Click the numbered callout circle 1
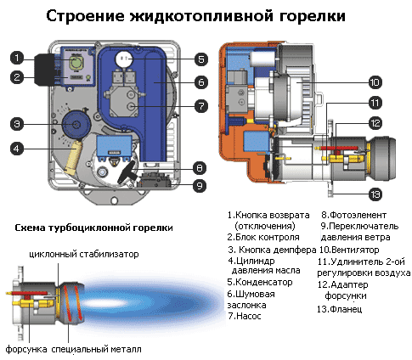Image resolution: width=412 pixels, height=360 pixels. click(17, 58)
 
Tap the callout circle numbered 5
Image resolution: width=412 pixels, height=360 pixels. click(201, 59)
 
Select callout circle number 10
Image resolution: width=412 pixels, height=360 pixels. click(375, 82)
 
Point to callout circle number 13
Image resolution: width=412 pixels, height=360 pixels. click(375, 194)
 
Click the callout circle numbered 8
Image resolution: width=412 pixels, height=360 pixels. click(200, 168)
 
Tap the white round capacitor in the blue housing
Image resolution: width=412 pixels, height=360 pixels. click(124, 59)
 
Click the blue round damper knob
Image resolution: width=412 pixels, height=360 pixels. click(76, 125)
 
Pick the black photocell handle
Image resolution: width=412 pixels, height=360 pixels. click(127, 172)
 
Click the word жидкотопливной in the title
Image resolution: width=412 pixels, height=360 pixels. click(201, 16)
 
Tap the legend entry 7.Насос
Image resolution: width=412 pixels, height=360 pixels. click(245, 316)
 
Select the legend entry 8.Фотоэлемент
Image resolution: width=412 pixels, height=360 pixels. click(353, 215)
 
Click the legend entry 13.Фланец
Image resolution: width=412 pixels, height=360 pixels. click(339, 309)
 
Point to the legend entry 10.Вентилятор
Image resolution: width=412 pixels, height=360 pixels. click(349, 250)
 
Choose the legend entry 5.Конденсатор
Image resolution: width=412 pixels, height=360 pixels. click(260, 282)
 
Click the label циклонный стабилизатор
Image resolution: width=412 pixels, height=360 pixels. click(84, 254)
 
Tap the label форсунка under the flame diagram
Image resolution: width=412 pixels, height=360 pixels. click(26, 349)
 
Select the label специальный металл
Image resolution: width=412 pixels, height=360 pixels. click(96, 349)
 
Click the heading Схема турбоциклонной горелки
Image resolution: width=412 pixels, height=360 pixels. click(93, 228)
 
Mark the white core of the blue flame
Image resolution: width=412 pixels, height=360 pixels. click(109, 302)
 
